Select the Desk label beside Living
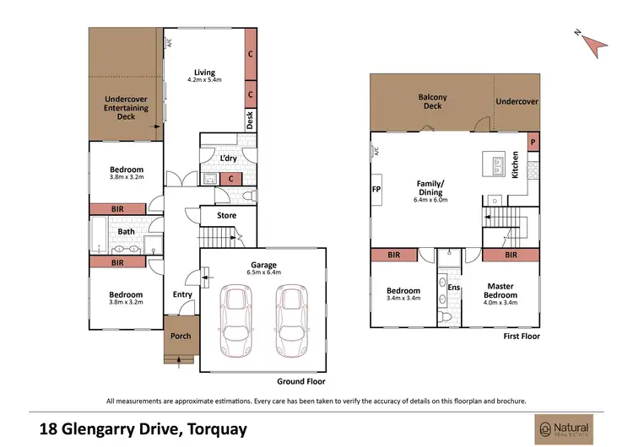tap(251, 120)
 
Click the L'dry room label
tap(226, 159)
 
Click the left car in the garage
tap(235, 321)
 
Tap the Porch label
tap(181, 336)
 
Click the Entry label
tap(182, 294)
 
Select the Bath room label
tap(126, 231)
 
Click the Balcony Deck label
tap(432, 102)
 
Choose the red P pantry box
tap(533, 143)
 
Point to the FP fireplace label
tap(376, 191)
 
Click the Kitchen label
tap(514, 170)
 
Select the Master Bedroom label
tap(500, 291)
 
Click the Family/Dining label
tap(430, 187)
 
